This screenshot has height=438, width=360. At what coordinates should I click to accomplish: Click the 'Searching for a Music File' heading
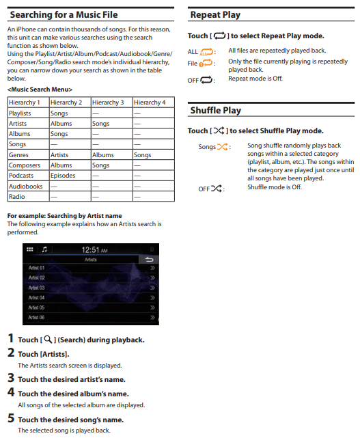(x=64, y=14)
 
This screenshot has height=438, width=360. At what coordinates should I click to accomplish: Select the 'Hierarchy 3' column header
(x=108, y=102)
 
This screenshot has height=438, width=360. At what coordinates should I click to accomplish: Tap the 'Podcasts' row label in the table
(x=21, y=176)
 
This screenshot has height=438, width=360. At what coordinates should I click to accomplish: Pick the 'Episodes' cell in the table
(x=63, y=176)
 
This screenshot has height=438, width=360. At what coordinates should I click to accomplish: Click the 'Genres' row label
(x=18, y=154)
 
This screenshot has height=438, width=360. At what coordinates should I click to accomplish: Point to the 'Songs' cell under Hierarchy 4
(x=143, y=154)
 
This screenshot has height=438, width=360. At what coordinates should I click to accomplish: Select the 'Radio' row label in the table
(x=17, y=196)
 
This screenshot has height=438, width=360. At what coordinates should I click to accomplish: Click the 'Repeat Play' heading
(x=215, y=14)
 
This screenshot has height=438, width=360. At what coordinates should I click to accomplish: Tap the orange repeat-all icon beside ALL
(x=206, y=52)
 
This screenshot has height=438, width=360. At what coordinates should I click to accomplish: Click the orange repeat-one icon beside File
(x=206, y=64)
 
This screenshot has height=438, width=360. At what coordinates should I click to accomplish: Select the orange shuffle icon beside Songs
(x=223, y=147)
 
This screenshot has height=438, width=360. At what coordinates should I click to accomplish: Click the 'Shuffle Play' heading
(x=216, y=110)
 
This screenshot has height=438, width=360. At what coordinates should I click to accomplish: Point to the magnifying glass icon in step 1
(x=48, y=340)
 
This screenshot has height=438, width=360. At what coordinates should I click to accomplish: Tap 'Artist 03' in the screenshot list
(x=36, y=288)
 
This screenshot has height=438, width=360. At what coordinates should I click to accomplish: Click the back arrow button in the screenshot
(x=149, y=260)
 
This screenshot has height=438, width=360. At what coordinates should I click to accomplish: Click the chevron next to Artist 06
(x=152, y=317)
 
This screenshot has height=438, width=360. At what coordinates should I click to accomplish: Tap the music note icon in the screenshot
(x=44, y=249)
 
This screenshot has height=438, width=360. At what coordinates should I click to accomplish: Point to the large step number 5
(x=11, y=418)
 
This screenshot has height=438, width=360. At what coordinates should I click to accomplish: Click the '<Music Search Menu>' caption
(x=40, y=90)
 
